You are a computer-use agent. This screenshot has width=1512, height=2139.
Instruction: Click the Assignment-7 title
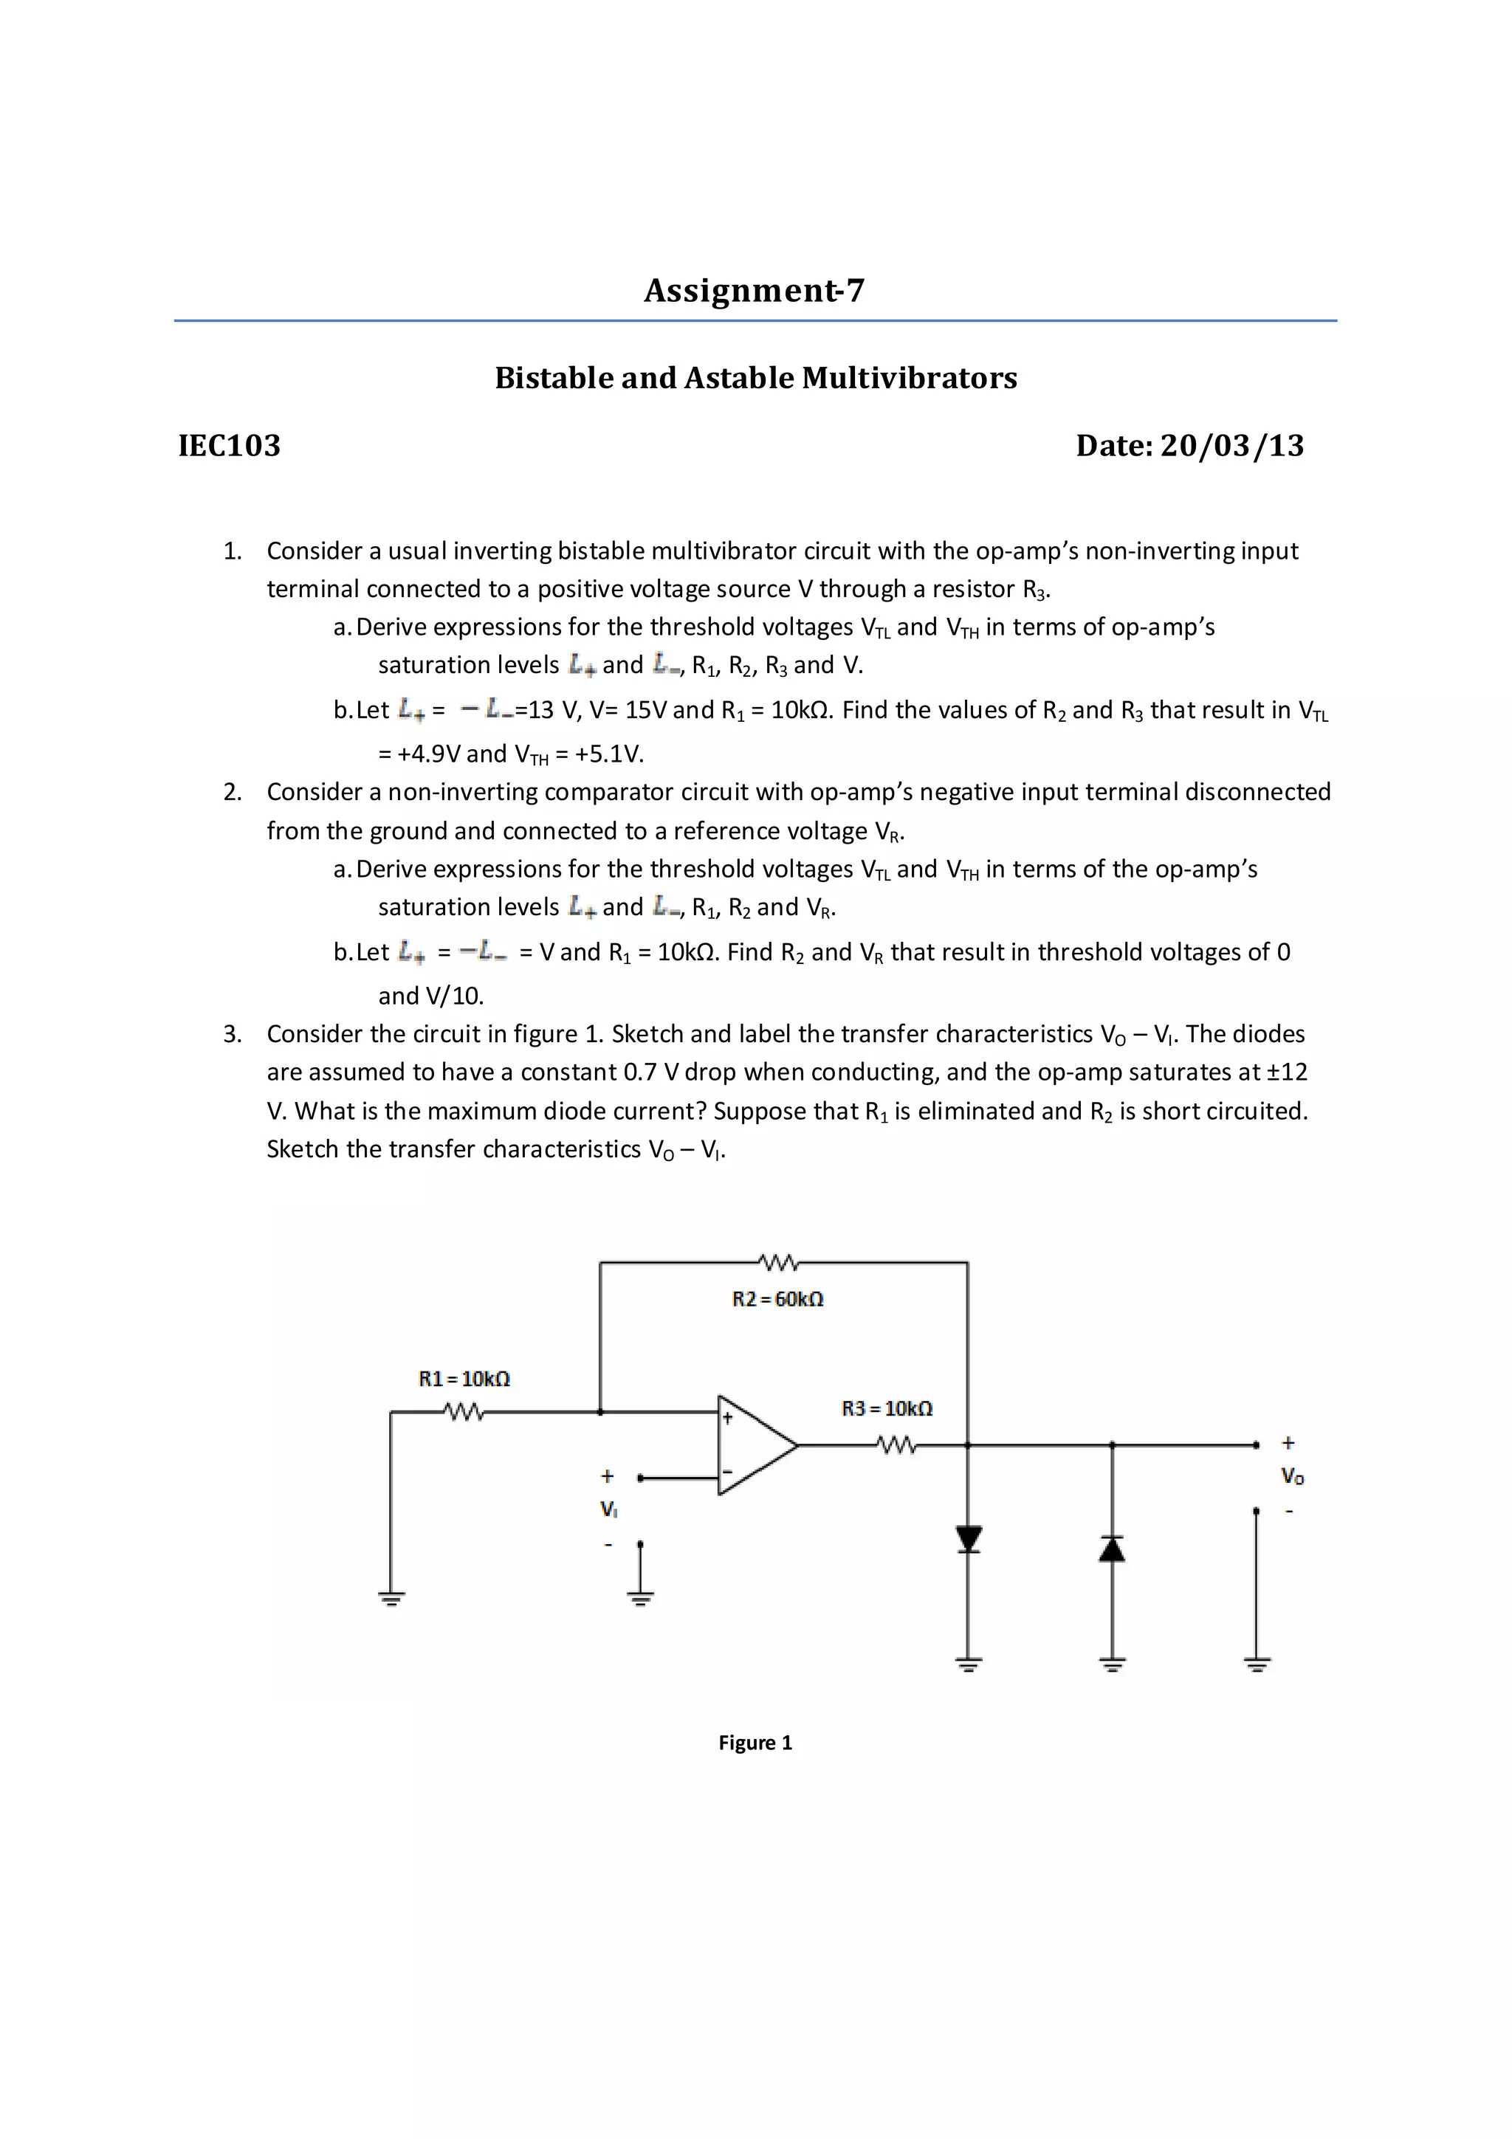[755, 291]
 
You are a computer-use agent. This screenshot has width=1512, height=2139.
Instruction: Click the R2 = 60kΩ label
[778, 1299]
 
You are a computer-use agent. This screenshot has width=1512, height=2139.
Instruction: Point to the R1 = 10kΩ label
[464, 1379]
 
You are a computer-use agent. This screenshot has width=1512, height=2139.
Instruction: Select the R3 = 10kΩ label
[887, 1408]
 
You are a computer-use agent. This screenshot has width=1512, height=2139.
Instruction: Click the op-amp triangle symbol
[753, 1445]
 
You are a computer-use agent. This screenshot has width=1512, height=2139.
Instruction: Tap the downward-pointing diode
[969, 1539]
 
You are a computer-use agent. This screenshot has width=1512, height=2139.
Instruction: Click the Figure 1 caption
[755, 1742]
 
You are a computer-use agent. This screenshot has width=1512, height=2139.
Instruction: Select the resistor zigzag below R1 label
[464, 1412]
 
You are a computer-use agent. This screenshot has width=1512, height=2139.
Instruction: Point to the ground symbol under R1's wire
[391, 1599]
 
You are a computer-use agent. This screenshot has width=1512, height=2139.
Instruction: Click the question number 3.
[232, 1034]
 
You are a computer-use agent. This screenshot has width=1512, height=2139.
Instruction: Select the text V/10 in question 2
[454, 996]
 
